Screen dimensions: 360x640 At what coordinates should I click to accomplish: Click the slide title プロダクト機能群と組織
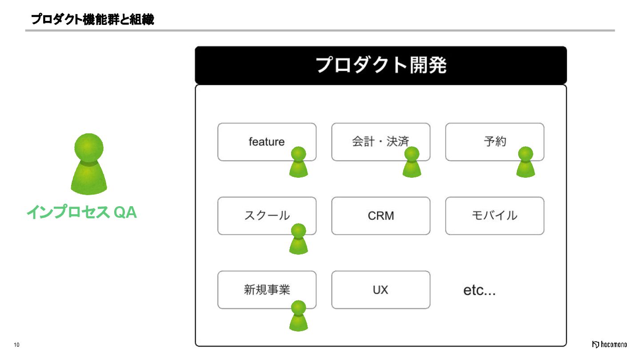pos(92,20)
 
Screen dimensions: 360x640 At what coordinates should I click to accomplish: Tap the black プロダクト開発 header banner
pos(380,65)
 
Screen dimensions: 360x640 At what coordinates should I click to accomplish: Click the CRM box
pos(381,216)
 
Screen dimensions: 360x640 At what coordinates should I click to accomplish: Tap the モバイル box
pos(495,216)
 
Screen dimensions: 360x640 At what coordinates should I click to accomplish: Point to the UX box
pos(381,290)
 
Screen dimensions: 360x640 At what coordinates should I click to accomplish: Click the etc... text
pos(480,291)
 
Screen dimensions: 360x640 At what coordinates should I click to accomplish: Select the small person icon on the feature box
pos(299,163)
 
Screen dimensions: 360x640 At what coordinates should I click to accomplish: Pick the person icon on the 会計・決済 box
pos(412,163)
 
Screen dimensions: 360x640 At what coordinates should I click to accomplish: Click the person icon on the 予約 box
pos(526,163)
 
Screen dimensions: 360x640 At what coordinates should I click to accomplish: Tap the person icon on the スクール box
pos(299,239)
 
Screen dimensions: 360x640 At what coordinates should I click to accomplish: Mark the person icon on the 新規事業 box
pos(299,316)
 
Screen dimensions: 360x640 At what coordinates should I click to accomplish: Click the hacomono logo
pos(609,344)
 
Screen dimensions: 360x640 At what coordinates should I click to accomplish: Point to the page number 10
pos(17,345)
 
